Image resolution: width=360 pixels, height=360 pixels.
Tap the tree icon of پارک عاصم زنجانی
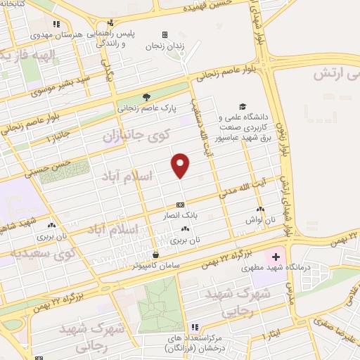pos(146,98)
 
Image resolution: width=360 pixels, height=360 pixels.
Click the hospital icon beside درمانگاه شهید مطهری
pos(276,259)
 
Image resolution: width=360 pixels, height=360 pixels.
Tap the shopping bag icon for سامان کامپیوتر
pos(155,255)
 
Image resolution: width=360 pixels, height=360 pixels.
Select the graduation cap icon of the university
pos(243,105)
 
